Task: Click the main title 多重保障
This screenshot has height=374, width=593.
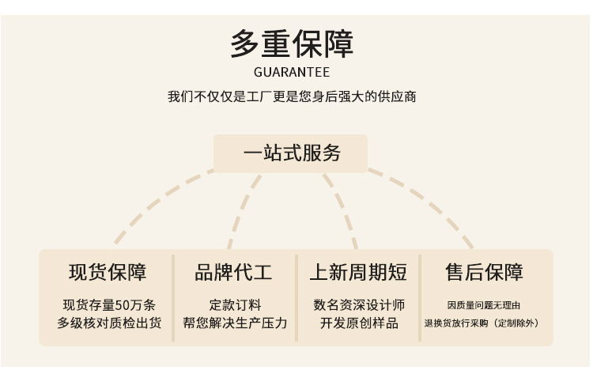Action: (x=292, y=43)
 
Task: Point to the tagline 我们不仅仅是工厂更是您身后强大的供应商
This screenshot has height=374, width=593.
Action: (x=292, y=97)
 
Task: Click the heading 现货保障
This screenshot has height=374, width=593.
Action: (x=108, y=273)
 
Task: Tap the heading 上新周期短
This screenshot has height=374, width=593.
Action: (x=358, y=273)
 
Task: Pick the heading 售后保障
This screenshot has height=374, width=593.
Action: (x=484, y=273)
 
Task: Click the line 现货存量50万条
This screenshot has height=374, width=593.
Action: (x=108, y=305)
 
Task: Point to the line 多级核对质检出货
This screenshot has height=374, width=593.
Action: (x=108, y=323)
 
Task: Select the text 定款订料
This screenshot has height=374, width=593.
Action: (x=234, y=305)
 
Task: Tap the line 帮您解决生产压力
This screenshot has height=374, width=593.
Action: (x=234, y=323)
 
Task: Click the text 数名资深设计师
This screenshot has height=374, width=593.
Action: (x=359, y=305)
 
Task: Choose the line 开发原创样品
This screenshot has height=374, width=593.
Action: (x=359, y=323)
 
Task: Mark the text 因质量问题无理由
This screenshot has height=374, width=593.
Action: (x=483, y=305)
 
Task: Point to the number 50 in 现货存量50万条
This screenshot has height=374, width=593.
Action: (x=123, y=305)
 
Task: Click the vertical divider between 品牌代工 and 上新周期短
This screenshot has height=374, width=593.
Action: (x=296, y=297)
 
